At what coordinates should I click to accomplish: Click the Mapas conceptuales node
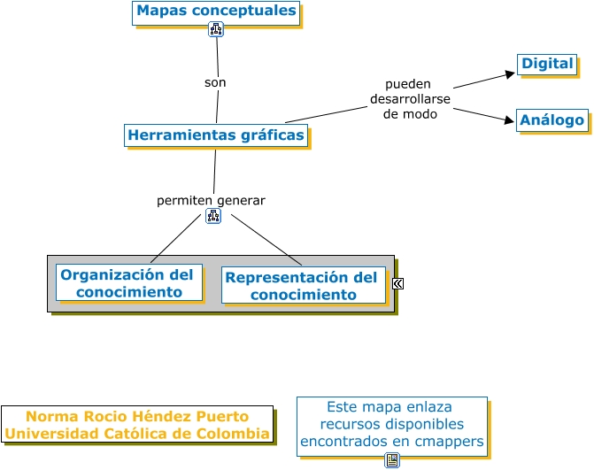(x=216, y=12)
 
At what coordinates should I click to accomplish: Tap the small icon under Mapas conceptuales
(x=216, y=29)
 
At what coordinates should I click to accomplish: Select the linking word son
(x=215, y=82)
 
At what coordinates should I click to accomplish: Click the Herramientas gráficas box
(x=216, y=135)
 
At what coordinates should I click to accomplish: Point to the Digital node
(x=547, y=64)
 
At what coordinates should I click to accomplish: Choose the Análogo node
(x=552, y=119)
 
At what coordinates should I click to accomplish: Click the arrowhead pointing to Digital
(x=510, y=74)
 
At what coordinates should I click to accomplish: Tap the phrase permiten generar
(x=211, y=200)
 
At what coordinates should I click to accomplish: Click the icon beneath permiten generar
(x=212, y=216)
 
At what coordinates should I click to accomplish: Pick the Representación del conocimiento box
(x=301, y=285)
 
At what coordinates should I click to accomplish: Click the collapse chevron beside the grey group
(x=398, y=283)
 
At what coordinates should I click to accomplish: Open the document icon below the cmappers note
(x=392, y=460)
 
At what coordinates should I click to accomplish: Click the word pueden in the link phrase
(x=408, y=84)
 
